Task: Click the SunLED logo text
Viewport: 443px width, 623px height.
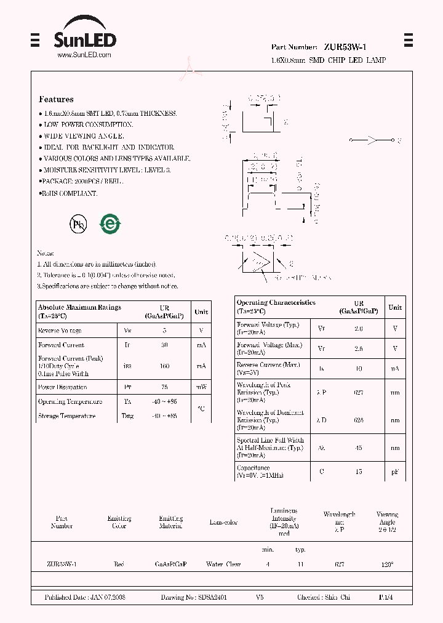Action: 84,40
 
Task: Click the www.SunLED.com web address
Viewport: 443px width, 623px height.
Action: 84,55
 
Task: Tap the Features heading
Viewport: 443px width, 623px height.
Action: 56,99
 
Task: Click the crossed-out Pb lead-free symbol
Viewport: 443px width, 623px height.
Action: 78,224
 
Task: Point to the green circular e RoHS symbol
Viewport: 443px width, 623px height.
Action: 110,223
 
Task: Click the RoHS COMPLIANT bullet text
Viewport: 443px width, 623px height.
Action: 69,193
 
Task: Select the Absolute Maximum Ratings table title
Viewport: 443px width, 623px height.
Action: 79,307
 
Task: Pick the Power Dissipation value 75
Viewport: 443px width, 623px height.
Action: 164,387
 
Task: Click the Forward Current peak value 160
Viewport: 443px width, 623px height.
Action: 164,366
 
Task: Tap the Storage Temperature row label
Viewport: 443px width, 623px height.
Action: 66,416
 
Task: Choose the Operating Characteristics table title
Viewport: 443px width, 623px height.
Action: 276,302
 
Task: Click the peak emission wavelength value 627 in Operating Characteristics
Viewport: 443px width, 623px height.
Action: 358,392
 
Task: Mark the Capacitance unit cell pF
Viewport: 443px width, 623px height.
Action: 395,472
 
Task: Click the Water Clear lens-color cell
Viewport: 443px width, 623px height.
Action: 223,564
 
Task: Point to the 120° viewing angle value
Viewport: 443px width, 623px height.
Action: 387,564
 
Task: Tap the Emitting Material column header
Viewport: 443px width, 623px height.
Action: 170,522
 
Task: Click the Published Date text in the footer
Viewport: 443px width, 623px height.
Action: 85,597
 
